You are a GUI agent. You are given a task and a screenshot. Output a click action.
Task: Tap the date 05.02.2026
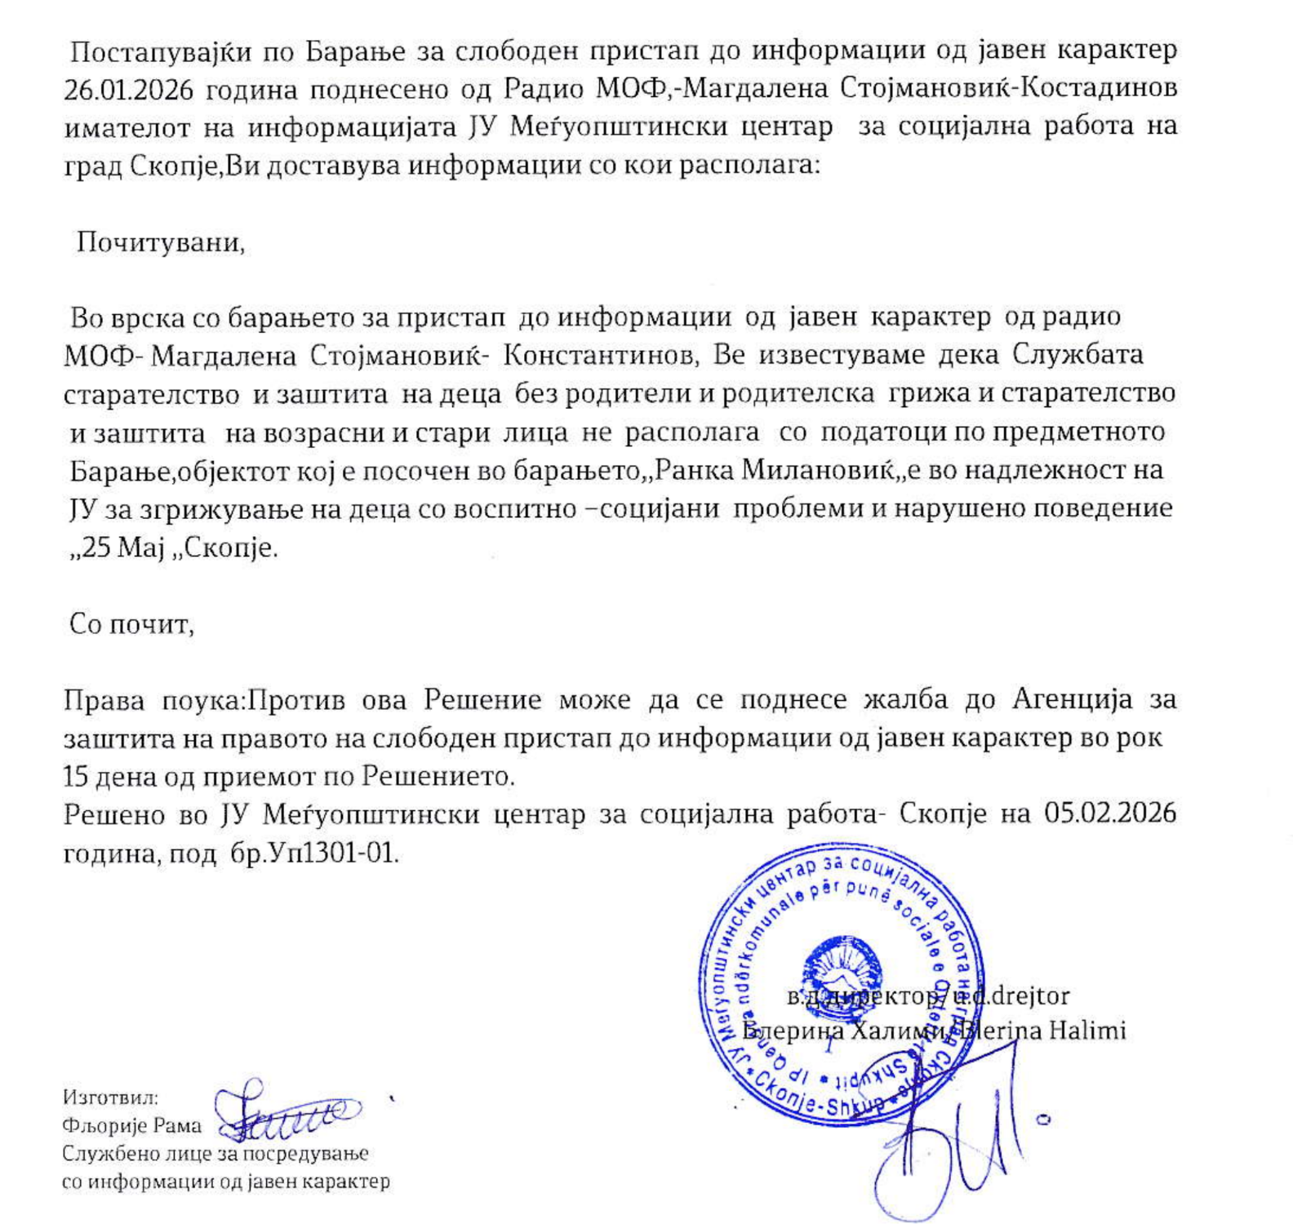[x=1110, y=814]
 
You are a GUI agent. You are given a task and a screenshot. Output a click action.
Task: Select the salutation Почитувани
[x=160, y=243]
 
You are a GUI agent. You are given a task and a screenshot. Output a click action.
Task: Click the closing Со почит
[x=131, y=624]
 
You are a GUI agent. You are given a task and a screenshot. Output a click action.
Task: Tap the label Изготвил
[x=110, y=1098]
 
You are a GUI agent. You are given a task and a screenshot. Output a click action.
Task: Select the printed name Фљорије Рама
[x=131, y=1126]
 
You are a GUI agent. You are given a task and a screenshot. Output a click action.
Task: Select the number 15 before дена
[x=76, y=775]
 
